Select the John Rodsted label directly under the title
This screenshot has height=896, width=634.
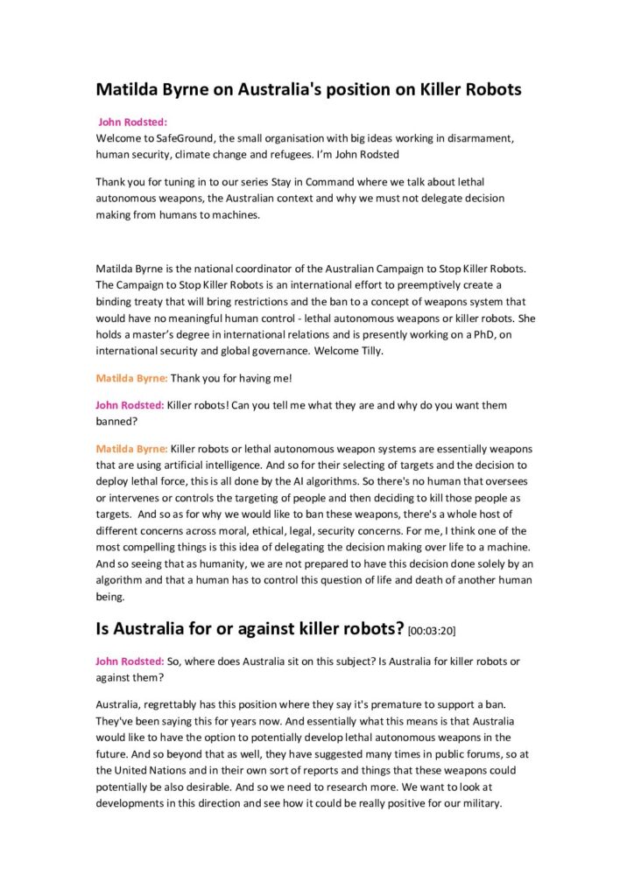(132, 122)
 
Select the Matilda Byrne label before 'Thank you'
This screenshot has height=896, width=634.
(131, 379)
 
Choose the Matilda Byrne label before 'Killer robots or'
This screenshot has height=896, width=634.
(131, 448)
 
